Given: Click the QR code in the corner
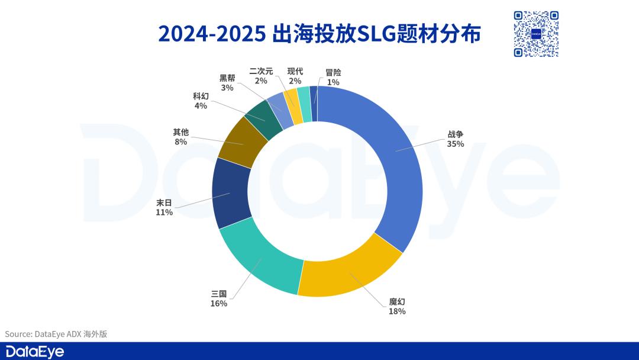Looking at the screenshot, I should (536, 34).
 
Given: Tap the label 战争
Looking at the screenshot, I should (455, 134).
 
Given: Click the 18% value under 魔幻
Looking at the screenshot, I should (397, 311).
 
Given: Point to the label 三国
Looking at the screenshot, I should (218, 294).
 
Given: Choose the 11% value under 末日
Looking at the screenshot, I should (164, 213).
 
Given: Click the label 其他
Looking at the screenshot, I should (180, 132).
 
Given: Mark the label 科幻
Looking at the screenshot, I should (200, 96).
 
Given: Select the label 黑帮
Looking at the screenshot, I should (227, 78).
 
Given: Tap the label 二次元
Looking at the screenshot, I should (261, 71).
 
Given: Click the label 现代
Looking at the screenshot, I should (295, 71).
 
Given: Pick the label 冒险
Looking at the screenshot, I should (333, 72).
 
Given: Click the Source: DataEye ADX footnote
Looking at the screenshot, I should (56, 334).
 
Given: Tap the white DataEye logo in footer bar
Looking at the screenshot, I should (35, 351).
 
